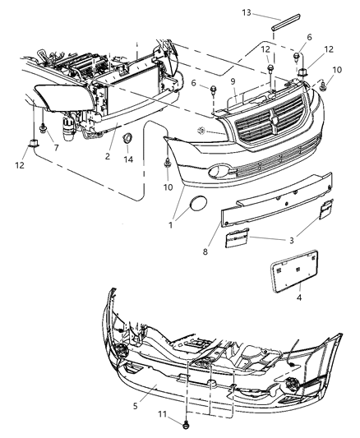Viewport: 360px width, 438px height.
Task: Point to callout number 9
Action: [x=233, y=81]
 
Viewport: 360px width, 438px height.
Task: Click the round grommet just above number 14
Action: [x=127, y=141]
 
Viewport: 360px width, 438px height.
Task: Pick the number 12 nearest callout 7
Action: [x=19, y=164]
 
